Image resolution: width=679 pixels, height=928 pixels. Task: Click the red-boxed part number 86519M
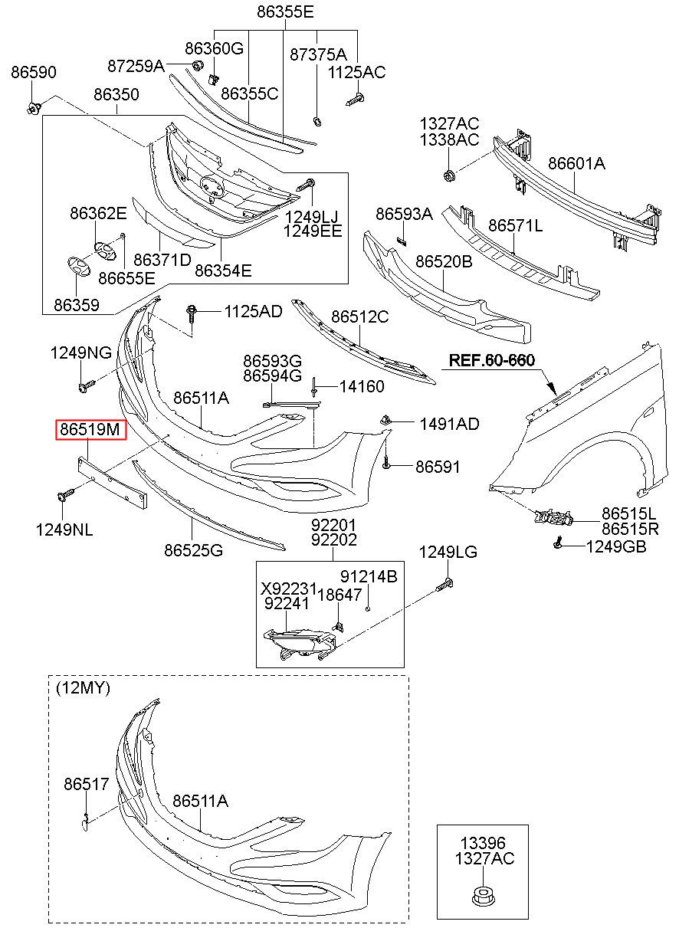pos(90,429)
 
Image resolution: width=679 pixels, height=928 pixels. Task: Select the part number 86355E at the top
pos(285,11)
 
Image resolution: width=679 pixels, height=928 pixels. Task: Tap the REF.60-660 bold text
pos(492,360)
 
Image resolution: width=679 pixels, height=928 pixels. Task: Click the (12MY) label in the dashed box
pos(83,687)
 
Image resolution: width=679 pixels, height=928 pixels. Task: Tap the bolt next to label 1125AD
pos(192,313)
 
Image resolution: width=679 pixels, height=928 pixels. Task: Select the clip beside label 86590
pos(34,108)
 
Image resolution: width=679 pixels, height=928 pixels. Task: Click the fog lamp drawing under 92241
pos(300,644)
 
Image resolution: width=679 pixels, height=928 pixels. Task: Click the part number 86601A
pos(576,163)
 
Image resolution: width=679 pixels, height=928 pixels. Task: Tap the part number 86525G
pos(193,549)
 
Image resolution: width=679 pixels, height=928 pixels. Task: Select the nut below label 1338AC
pos(448,175)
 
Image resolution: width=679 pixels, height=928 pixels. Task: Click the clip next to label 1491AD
pos(385,420)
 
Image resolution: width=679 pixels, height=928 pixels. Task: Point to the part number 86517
pos(86,783)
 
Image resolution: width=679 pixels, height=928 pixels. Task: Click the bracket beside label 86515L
pos(554,516)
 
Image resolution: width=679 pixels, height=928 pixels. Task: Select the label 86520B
pos(444,261)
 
